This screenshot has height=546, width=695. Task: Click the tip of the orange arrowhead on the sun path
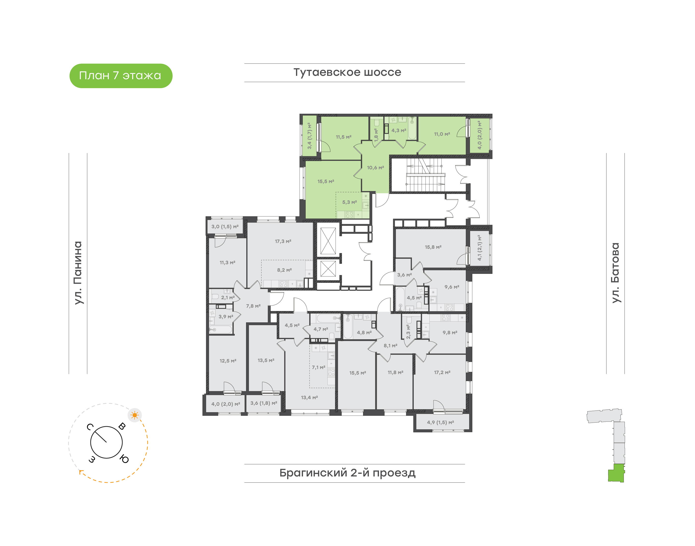[80, 471]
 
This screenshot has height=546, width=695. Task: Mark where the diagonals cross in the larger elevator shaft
[328, 241]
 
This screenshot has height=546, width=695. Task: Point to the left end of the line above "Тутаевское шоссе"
[244, 64]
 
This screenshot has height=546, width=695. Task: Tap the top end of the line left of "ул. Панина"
[69, 153]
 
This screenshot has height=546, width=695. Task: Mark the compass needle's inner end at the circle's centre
[106, 442]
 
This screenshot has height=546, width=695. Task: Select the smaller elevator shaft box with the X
[328, 269]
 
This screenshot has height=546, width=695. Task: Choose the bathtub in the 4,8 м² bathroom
[348, 326]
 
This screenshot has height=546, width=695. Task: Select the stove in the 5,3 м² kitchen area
[349, 214]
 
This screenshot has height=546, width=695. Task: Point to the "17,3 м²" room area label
[283, 241]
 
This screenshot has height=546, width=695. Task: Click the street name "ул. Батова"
[615, 273]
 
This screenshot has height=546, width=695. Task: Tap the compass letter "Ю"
[124, 459]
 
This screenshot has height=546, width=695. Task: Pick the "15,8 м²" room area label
[433, 247]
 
